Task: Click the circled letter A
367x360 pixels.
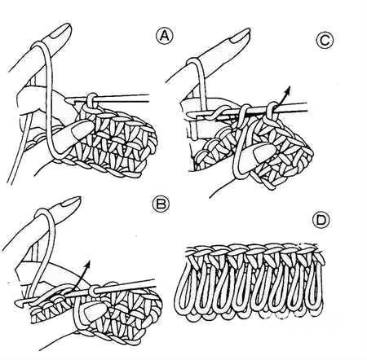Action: tap(164, 37)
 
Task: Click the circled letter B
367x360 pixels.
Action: tap(161, 204)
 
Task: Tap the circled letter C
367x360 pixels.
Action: tap(325, 41)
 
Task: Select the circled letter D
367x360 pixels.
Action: tap(321, 220)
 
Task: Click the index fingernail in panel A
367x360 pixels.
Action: tap(61, 30)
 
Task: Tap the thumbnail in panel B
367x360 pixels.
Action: tap(95, 311)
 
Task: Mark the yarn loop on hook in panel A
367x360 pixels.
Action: tap(92, 100)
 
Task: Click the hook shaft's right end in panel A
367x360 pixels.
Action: tap(149, 99)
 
